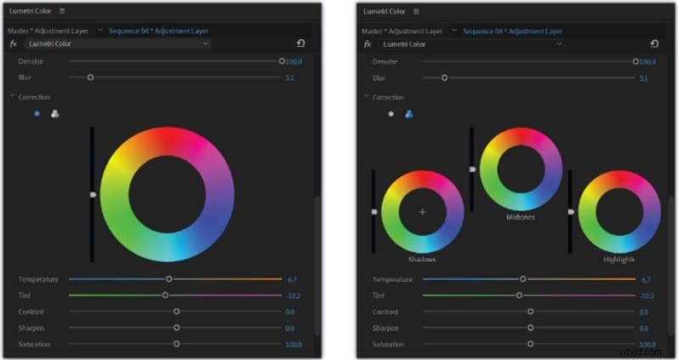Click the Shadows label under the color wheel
coord(422,259)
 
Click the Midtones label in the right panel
coord(520,216)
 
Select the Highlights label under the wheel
coord(618,259)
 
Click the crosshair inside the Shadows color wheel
coord(422,211)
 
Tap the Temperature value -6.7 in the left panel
coord(290,279)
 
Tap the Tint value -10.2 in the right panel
coord(646,295)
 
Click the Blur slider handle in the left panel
coord(90,77)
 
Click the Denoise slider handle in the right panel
coord(635,61)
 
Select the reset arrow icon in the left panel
coord(300,43)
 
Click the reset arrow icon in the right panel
coord(654,43)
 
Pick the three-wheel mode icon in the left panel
coord(54,114)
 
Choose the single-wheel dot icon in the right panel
coord(390,114)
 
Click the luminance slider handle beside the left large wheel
coord(93,195)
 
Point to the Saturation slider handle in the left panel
coord(176,344)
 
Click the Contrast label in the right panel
coord(385,311)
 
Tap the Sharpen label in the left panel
coord(31,328)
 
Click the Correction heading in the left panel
coord(34,97)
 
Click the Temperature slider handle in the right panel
coord(523,279)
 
